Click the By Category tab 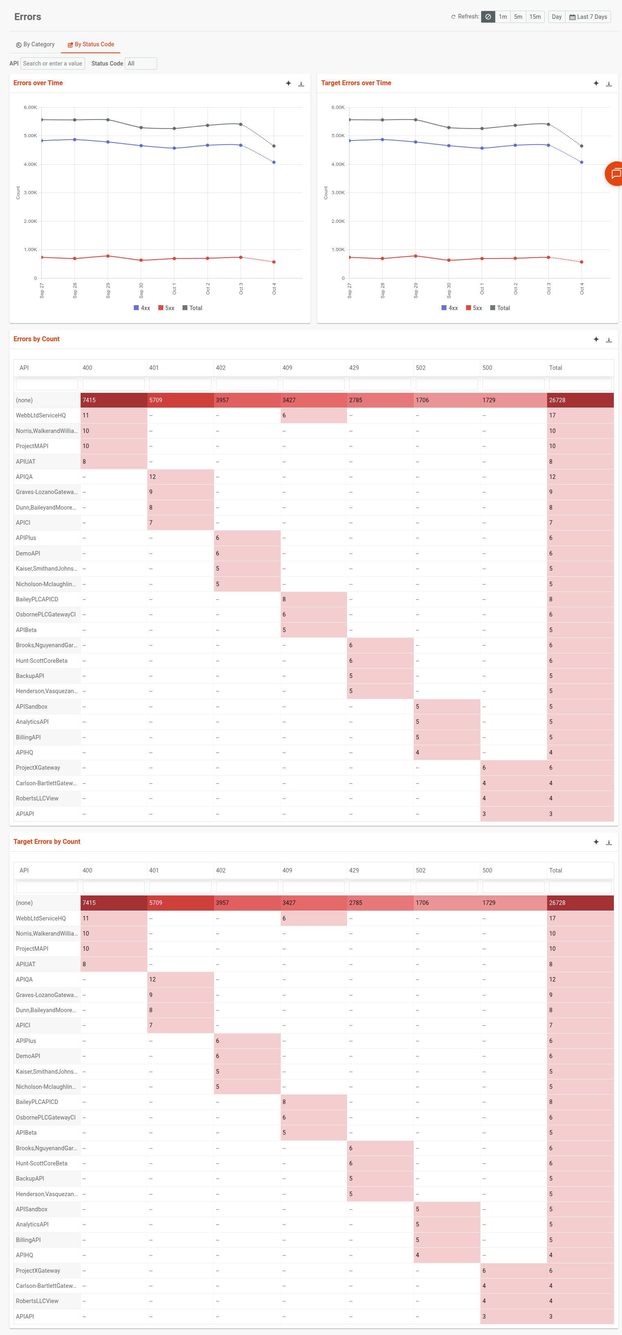pos(35,45)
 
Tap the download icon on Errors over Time pos(301,84)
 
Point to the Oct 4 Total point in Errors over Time pos(274,146)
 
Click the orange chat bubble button pos(615,174)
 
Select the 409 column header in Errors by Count pos(287,368)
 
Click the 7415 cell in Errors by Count pos(113,400)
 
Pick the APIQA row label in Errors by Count pos(24,477)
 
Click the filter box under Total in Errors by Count pos(579,384)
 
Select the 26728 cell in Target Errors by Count pos(579,903)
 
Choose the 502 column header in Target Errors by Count pos(421,870)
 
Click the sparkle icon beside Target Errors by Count pos(595,842)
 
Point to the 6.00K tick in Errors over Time pos(30,108)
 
